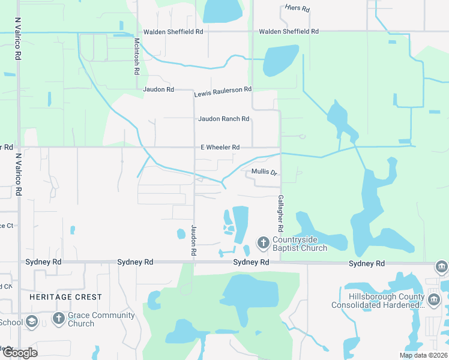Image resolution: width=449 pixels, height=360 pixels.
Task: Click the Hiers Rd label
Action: [x=297, y=9]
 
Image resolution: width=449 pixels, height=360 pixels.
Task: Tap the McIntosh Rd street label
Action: [x=137, y=56]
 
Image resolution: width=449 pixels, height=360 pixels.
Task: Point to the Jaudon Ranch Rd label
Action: [x=223, y=119]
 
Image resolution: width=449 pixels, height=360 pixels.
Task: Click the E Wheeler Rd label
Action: [x=220, y=147]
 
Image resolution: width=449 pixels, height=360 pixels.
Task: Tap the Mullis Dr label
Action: [x=264, y=172]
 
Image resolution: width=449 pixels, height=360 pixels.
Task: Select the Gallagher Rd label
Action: [x=280, y=214]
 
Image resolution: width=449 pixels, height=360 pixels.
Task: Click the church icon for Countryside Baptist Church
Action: [x=263, y=242]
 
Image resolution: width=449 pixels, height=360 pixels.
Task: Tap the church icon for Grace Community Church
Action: [x=58, y=319]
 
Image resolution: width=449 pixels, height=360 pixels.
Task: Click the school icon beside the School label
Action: [x=32, y=322]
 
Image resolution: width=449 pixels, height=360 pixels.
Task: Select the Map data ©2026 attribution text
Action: [x=423, y=355]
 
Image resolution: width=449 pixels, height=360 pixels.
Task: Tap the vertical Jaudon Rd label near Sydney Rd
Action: [x=194, y=241]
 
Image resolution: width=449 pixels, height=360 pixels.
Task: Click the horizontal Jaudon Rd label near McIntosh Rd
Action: [x=158, y=89]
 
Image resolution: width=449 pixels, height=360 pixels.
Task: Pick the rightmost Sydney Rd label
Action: [x=367, y=264]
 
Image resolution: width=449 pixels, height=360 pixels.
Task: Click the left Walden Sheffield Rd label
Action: [x=173, y=32]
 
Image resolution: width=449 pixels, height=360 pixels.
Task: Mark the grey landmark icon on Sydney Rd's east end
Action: [x=441, y=266]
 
